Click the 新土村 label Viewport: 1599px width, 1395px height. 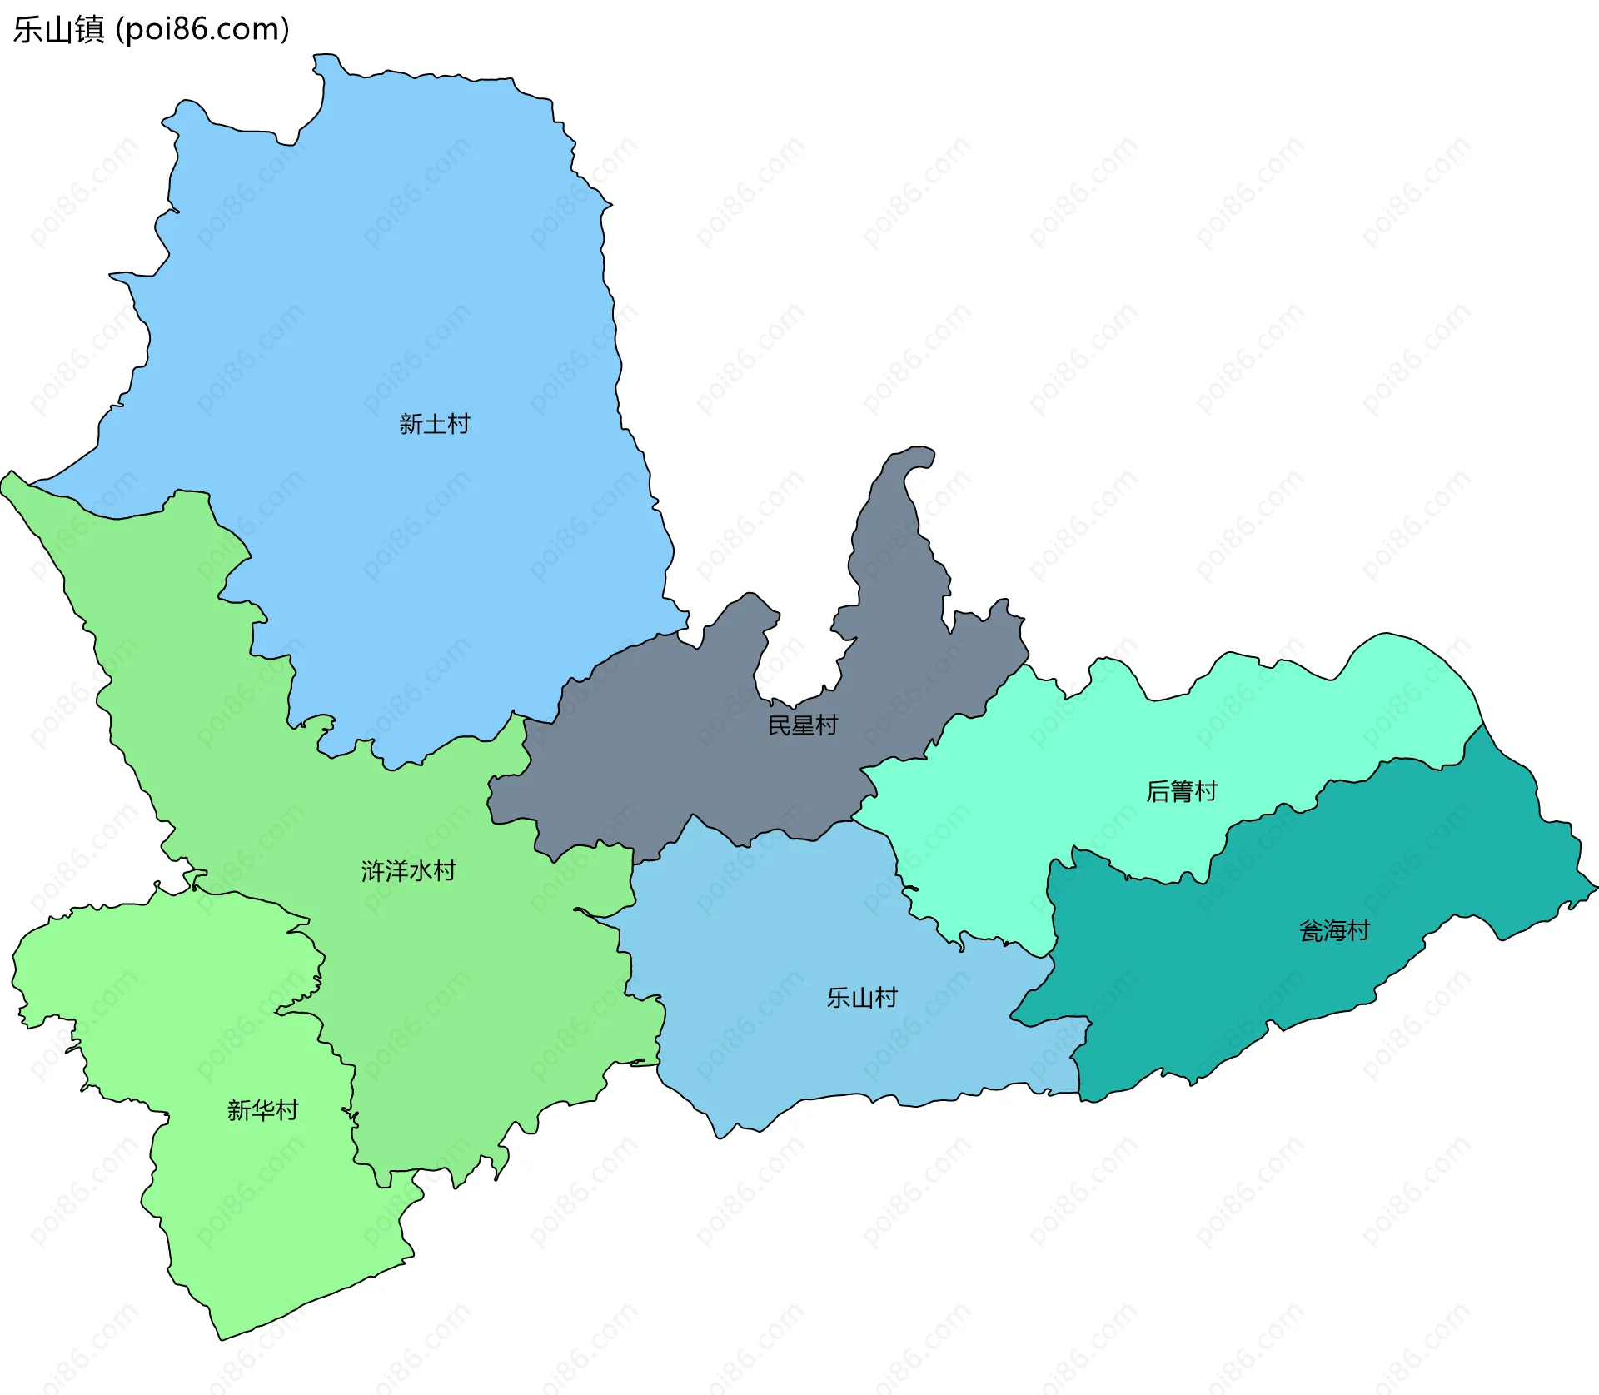(434, 424)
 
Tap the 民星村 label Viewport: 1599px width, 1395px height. (802, 725)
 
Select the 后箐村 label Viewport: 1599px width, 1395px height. (1181, 791)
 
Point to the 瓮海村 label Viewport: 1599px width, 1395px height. (1334, 931)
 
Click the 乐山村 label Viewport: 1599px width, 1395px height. (862, 998)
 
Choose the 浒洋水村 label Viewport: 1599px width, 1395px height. (408, 871)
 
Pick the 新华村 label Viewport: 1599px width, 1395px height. (262, 1110)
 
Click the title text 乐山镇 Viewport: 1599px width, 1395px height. (58, 30)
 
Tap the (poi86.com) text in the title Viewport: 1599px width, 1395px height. (202, 30)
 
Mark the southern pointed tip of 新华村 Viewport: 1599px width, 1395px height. (222, 1338)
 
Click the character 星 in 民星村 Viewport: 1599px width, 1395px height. (803, 725)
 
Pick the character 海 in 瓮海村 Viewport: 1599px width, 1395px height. (1335, 931)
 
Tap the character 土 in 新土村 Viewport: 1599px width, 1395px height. (435, 424)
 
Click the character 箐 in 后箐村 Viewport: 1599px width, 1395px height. (1182, 791)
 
